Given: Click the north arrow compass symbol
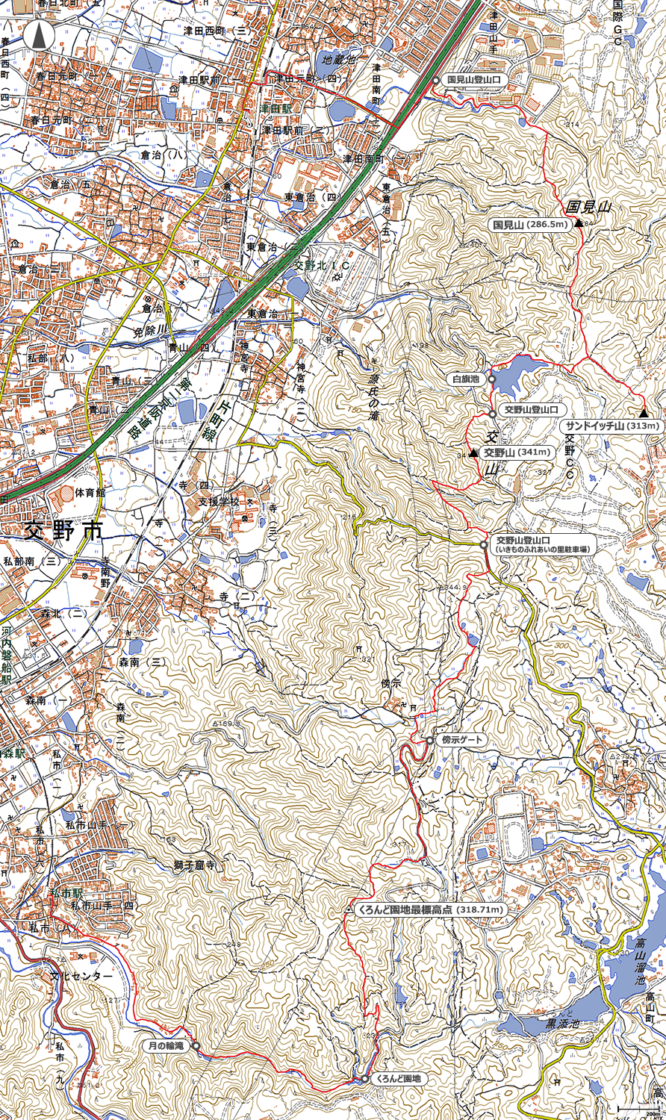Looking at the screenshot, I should (x=40, y=35).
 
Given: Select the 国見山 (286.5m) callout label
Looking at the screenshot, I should (x=530, y=224).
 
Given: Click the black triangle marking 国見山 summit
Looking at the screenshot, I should (x=579, y=223).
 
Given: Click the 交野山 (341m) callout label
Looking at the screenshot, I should (x=516, y=452).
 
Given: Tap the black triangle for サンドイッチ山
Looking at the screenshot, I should (x=644, y=413).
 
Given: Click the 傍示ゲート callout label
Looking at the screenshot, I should (x=463, y=740).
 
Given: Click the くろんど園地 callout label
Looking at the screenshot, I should (x=398, y=1079).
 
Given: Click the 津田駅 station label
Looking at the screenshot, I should (x=276, y=108).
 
